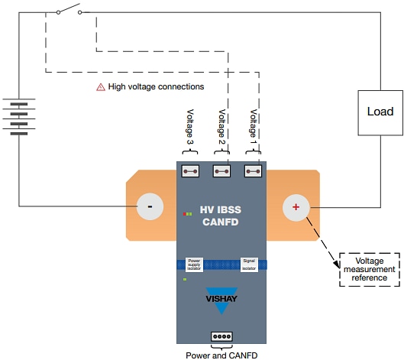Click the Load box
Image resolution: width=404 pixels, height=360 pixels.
point(380,112)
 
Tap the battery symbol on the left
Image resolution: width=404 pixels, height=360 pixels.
point(20,116)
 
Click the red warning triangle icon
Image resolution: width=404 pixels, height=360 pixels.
point(100,87)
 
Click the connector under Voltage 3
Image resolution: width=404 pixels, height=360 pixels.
point(190,171)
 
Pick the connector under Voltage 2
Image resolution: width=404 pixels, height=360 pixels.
point(222,171)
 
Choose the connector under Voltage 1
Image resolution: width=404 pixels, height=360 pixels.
point(254,171)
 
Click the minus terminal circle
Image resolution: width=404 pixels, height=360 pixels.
point(150,206)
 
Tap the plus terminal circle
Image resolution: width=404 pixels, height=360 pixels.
point(296,206)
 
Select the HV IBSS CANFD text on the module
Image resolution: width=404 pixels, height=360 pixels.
point(222,216)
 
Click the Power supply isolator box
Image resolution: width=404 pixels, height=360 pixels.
point(195,264)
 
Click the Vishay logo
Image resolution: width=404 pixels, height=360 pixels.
point(222,298)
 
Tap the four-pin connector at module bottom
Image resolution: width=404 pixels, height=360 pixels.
point(221,336)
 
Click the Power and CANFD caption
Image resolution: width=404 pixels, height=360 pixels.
point(221,354)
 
